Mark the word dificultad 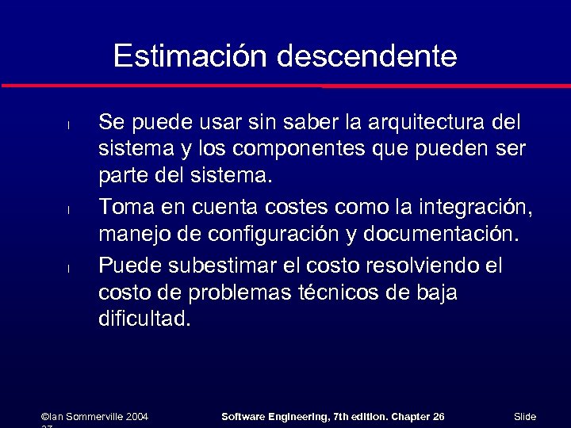coord(144,319)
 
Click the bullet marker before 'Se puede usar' coord(69,125)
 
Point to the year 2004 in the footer coord(136,417)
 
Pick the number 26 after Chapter coord(439,417)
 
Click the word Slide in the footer coord(525,417)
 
